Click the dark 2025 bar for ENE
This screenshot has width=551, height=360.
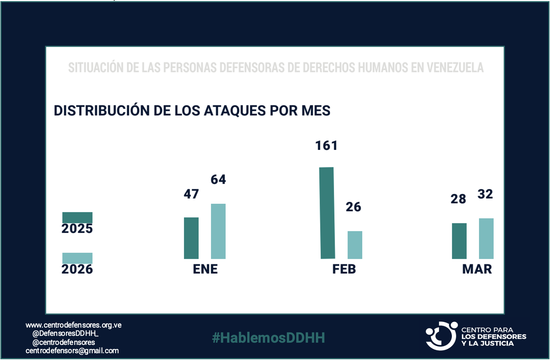(191, 238)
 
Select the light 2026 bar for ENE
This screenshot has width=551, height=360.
(218, 231)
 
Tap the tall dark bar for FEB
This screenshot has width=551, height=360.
(327, 213)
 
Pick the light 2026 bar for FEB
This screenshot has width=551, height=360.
(355, 245)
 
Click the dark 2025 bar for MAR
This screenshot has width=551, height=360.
(459, 241)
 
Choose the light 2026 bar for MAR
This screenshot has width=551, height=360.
(486, 238)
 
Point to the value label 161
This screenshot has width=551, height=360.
(326, 146)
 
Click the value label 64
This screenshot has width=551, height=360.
(218, 180)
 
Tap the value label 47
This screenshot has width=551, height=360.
(191, 194)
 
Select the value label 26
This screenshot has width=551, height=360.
(354, 207)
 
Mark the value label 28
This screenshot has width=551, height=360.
(458, 199)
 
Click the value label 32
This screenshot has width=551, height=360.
(485, 194)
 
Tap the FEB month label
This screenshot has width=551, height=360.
(344, 269)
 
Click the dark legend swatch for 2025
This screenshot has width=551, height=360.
(77, 217)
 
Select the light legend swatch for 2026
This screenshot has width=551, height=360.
(77, 258)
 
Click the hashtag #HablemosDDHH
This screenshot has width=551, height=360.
(268, 338)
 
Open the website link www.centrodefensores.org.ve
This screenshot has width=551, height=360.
(73, 325)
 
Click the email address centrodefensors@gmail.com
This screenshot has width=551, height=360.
(72, 351)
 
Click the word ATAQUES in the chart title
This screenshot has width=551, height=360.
(235, 111)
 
